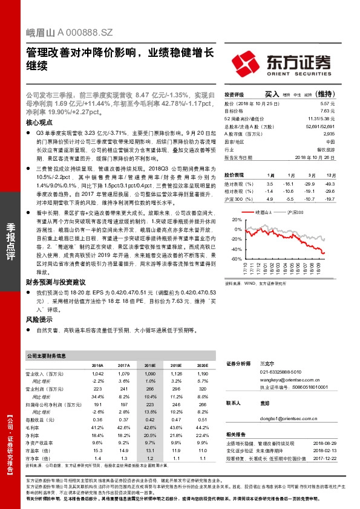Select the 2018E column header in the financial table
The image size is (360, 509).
(149, 366)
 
